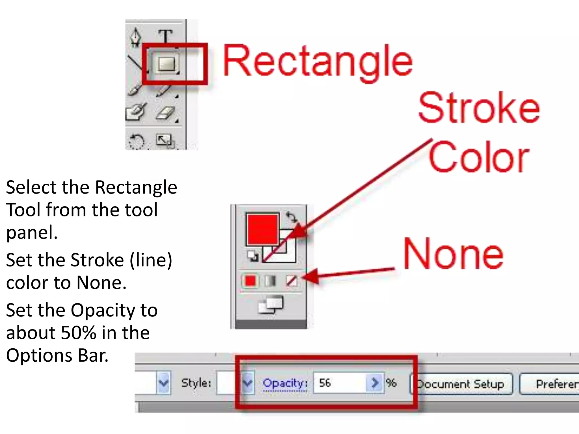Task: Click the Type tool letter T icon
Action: (165, 36)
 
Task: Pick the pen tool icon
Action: (136, 37)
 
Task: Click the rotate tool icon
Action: (137, 141)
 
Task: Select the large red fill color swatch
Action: (262, 229)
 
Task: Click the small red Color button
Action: (250, 281)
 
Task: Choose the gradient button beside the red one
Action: (271, 281)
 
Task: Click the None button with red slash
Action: (291, 281)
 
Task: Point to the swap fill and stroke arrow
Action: (291, 217)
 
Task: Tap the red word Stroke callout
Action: (479, 108)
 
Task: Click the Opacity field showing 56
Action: (339, 383)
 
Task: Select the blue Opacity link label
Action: (285, 383)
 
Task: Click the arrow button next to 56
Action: (375, 383)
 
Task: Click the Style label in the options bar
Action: (196, 383)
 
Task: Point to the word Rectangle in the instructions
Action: (136, 187)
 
